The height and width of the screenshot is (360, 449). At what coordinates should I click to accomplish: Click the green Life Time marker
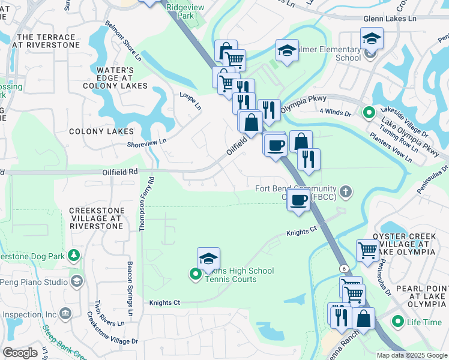click(x=397, y=322)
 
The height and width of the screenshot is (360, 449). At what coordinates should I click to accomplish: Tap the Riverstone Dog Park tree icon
click(x=74, y=256)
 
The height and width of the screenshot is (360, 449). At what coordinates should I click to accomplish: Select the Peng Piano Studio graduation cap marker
click(x=77, y=281)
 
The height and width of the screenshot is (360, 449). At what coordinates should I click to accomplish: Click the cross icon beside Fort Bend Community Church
click(x=345, y=192)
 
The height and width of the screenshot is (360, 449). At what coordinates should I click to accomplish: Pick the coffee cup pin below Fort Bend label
click(x=298, y=200)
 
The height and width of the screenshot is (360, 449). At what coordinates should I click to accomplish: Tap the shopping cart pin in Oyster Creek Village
click(x=367, y=250)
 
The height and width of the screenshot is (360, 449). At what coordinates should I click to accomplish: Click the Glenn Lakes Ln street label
click(x=389, y=19)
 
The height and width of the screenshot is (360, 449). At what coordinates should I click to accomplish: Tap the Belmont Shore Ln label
click(x=123, y=44)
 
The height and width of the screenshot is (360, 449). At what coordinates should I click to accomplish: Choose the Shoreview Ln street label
click(x=146, y=142)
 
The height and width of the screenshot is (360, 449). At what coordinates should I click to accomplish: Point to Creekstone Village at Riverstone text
click(x=97, y=218)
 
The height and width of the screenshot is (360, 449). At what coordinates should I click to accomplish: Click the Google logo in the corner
click(x=20, y=352)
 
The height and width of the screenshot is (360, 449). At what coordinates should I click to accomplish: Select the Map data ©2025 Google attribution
click(x=411, y=355)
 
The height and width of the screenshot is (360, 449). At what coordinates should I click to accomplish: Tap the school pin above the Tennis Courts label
click(x=208, y=258)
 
